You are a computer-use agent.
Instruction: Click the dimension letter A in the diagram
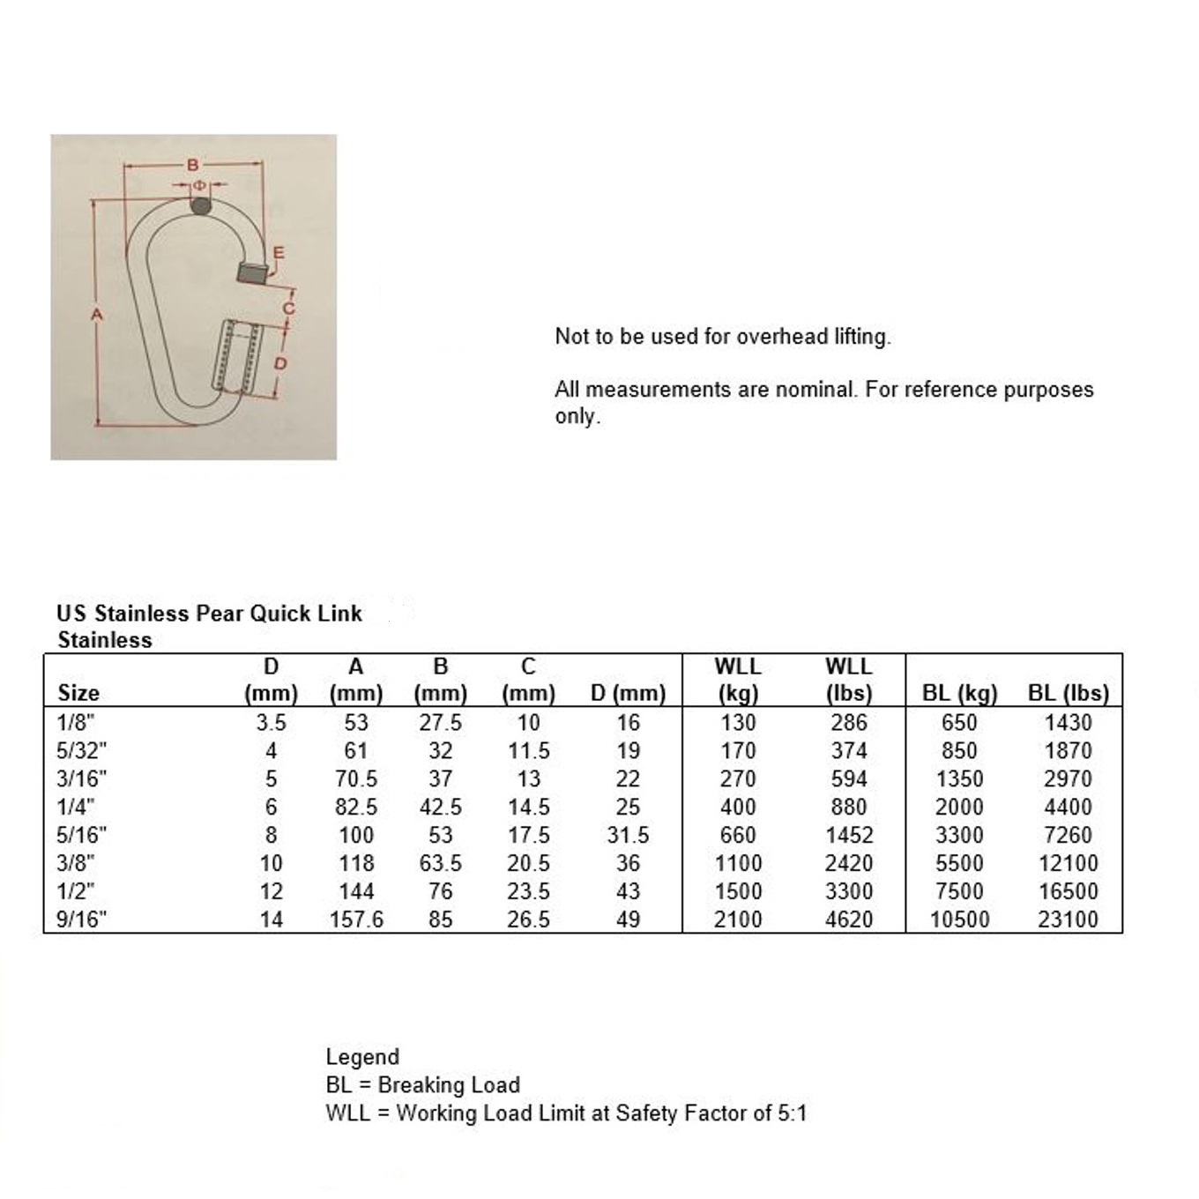[97, 314]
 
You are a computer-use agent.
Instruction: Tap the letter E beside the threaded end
[279, 253]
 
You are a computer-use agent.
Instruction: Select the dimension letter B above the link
[193, 165]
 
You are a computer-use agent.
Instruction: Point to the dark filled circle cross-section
[201, 206]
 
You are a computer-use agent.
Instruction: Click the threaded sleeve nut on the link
[237, 356]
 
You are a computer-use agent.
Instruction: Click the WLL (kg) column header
[738, 680]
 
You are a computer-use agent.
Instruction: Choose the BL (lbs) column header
[1068, 693]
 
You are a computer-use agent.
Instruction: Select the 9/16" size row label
[81, 920]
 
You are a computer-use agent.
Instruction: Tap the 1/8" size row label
[75, 723]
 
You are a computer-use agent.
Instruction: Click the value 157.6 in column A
[356, 920]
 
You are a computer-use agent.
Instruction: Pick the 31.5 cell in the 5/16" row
[628, 835]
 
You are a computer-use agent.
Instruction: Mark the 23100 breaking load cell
[1068, 920]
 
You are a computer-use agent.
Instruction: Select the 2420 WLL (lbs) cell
[848, 863]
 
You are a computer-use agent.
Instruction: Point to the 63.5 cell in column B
[440, 863]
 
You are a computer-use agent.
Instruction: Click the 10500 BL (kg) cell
[959, 920]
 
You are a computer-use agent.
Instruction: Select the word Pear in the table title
[220, 614]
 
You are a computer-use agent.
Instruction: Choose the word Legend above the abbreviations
[362, 1057]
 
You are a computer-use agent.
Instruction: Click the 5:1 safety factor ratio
[792, 1113]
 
